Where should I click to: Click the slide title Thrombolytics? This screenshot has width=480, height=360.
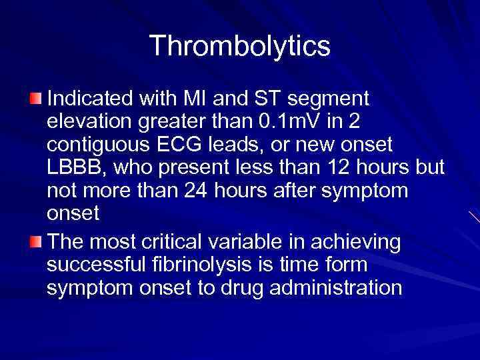point(240,46)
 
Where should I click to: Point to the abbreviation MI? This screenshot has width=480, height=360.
point(200,99)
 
